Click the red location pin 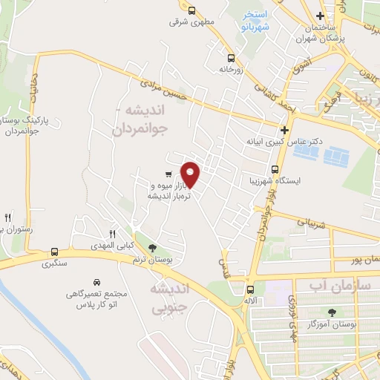pos(191,174)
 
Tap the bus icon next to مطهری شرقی pos(192,10)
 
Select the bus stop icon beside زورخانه pos(231,58)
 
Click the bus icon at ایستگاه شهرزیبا pos(275,168)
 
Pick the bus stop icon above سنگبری pos(54,252)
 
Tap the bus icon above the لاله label pos(249,289)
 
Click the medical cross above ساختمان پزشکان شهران pos(320,16)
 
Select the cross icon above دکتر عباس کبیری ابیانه pos(284,129)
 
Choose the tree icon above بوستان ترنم pos(153,248)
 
